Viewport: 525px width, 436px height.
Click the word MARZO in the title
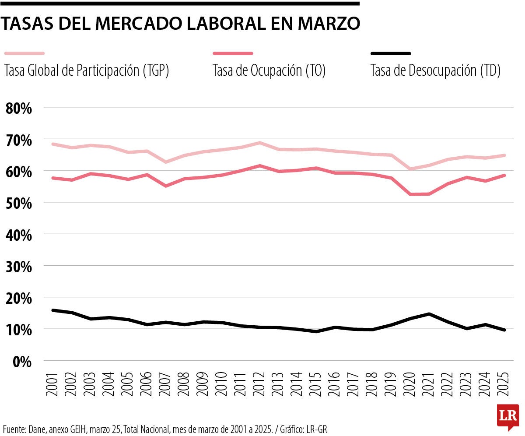[x=329, y=23]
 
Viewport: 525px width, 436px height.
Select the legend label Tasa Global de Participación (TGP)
[x=87, y=70]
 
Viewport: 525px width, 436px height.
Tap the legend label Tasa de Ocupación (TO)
[x=269, y=70]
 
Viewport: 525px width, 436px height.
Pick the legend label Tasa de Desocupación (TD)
[x=435, y=70]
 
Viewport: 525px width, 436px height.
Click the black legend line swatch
[x=391, y=53]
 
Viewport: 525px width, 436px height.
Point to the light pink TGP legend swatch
[x=24, y=53]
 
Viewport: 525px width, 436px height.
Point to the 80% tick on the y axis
[x=19, y=108]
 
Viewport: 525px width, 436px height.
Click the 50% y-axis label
[x=19, y=203]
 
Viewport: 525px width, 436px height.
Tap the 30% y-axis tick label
[x=19, y=267]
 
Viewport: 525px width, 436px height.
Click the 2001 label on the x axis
[x=53, y=385]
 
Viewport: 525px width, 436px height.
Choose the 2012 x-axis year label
[x=259, y=385]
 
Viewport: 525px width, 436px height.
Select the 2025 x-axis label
[x=504, y=385]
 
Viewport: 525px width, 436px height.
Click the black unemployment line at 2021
[x=429, y=314]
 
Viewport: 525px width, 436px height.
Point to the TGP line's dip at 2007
[x=165, y=162]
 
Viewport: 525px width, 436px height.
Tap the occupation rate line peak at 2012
[x=259, y=166]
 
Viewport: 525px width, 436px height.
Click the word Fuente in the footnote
[x=13, y=428]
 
